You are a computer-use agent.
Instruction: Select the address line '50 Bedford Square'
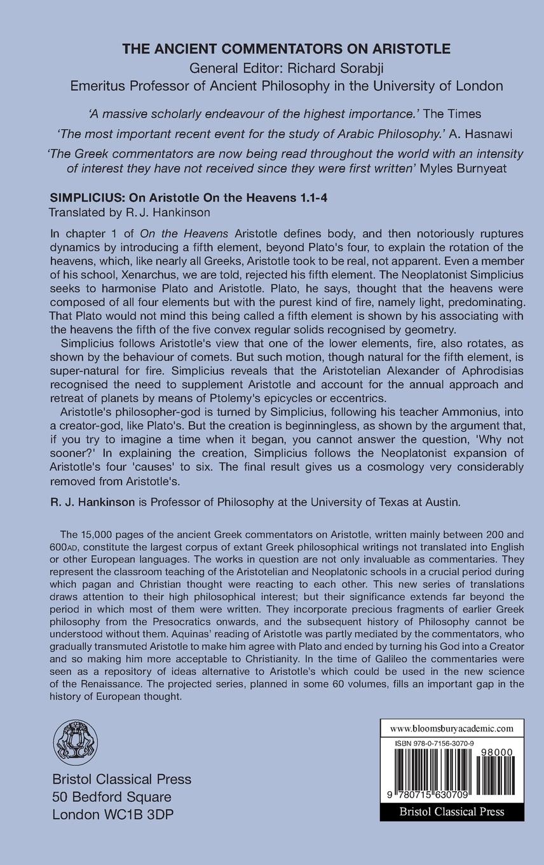coord(111,797)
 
